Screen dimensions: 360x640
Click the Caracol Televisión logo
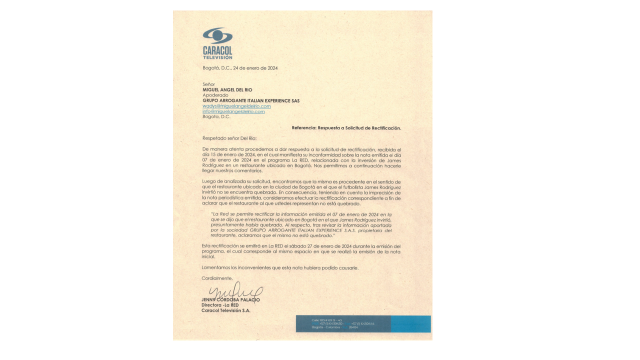point(217,43)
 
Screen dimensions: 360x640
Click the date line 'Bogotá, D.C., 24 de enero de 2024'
point(240,68)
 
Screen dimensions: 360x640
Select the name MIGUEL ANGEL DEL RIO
point(227,90)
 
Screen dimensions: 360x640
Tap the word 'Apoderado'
point(215,95)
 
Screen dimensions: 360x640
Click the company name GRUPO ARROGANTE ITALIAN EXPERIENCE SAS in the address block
point(251,100)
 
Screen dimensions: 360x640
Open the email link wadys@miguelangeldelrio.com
point(236,106)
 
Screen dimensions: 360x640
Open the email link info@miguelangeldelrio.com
point(233,111)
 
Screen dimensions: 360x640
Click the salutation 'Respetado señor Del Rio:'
point(229,138)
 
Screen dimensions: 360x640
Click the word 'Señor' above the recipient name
point(208,84)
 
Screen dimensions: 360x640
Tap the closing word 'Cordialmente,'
point(217,278)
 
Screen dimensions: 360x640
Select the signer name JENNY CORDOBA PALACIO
point(230,300)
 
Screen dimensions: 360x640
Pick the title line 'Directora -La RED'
point(220,305)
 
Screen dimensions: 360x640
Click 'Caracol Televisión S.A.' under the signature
point(225,310)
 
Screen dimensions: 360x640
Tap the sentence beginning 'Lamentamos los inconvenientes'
point(280,268)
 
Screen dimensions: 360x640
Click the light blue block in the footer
point(410,324)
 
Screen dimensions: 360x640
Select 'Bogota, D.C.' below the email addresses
point(216,116)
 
